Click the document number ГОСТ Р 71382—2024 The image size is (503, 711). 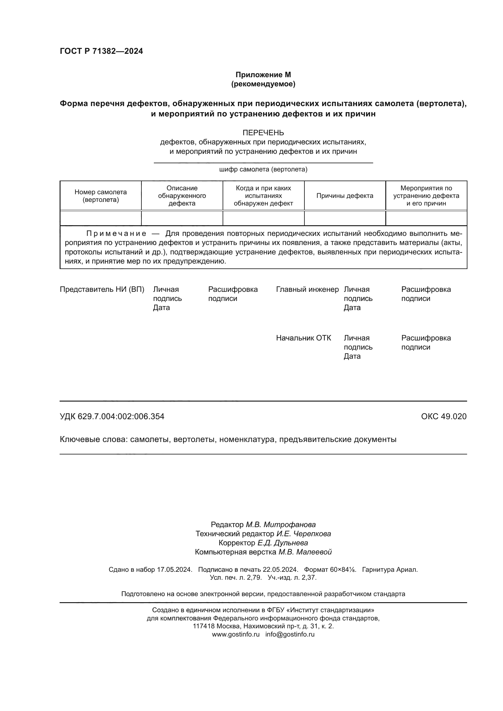point(101,51)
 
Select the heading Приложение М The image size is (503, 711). point(263,75)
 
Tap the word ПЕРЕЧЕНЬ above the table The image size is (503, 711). point(263,133)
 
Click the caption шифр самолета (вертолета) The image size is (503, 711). point(263,169)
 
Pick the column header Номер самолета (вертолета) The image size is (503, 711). point(101,196)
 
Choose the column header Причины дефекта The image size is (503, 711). point(345,196)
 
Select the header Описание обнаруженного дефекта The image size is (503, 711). point(182,196)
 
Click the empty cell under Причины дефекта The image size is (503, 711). point(345,218)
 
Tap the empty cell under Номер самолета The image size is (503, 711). point(101,218)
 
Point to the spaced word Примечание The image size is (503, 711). point(116,233)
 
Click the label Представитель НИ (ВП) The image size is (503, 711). point(102,290)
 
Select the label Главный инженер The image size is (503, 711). point(307,290)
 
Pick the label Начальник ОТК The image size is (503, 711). point(303,338)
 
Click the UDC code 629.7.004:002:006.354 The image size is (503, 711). point(121,416)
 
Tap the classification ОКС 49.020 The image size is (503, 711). point(443,416)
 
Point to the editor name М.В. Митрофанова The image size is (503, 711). point(281,525)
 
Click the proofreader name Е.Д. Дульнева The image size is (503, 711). point(283,543)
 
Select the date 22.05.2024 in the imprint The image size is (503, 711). point(280,570)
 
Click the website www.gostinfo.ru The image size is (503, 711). point(236,634)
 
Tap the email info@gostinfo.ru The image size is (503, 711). point(290,634)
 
